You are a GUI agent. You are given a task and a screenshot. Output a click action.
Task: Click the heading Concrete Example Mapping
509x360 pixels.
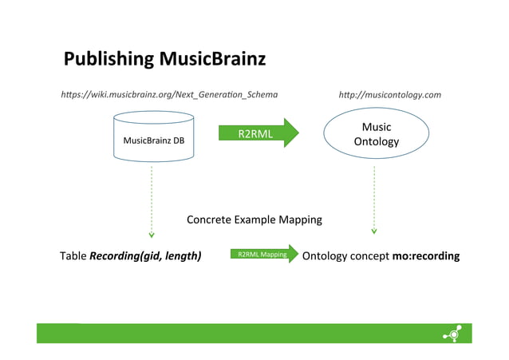click(x=254, y=220)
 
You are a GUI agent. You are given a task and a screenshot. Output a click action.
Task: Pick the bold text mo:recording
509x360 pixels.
click(x=426, y=256)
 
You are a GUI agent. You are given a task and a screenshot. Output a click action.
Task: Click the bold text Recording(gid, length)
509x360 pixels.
click(x=145, y=256)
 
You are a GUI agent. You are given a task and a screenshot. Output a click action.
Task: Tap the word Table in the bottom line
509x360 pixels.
click(x=73, y=256)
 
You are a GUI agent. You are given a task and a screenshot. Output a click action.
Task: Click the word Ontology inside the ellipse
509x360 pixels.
click(x=376, y=143)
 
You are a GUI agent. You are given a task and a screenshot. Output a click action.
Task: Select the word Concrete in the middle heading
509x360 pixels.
click(x=208, y=220)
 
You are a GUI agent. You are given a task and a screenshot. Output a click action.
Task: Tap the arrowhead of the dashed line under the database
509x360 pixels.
click(x=152, y=235)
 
